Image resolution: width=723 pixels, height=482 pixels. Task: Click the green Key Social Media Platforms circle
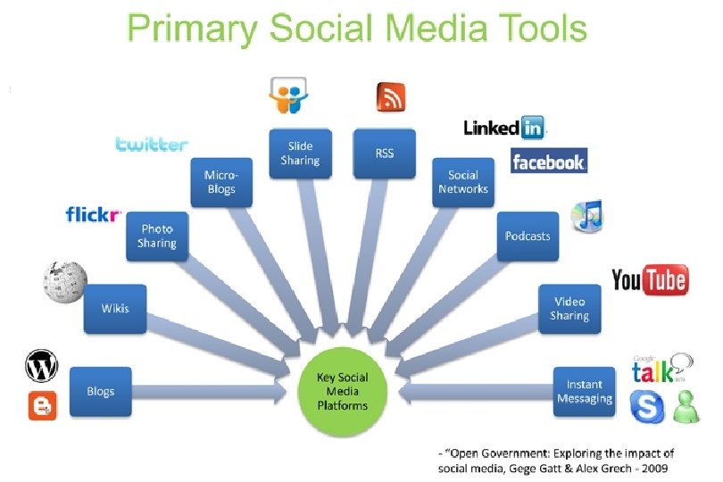click(x=342, y=392)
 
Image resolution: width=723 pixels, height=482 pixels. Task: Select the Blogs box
click(x=100, y=392)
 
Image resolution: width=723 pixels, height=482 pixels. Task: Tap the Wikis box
click(x=114, y=309)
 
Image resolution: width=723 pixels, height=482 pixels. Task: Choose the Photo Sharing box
click(x=156, y=237)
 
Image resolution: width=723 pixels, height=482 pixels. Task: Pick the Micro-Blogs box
click(x=220, y=181)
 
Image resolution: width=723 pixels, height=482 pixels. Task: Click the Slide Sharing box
click(x=299, y=154)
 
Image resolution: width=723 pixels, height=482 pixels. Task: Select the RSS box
click(x=384, y=154)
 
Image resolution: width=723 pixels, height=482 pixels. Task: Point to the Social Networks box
click(x=463, y=182)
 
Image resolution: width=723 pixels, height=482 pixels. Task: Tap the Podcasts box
click(x=528, y=237)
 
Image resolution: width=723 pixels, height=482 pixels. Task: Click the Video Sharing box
click(x=569, y=309)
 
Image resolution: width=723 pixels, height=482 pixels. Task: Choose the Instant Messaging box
click(x=585, y=392)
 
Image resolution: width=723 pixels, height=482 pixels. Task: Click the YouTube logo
click(x=649, y=280)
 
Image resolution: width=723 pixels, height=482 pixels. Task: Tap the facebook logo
click(x=548, y=162)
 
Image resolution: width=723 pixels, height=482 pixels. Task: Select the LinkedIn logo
click(x=504, y=128)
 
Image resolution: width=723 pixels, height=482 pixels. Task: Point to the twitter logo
click(x=152, y=144)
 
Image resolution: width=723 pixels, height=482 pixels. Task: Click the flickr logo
click(x=93, y=214)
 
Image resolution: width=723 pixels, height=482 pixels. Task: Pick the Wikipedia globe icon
click(x=64, y=282)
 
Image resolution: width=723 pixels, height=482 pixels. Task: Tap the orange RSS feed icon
click(x=391, y=96)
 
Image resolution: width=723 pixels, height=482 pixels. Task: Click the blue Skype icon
click(x=647, y=407)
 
